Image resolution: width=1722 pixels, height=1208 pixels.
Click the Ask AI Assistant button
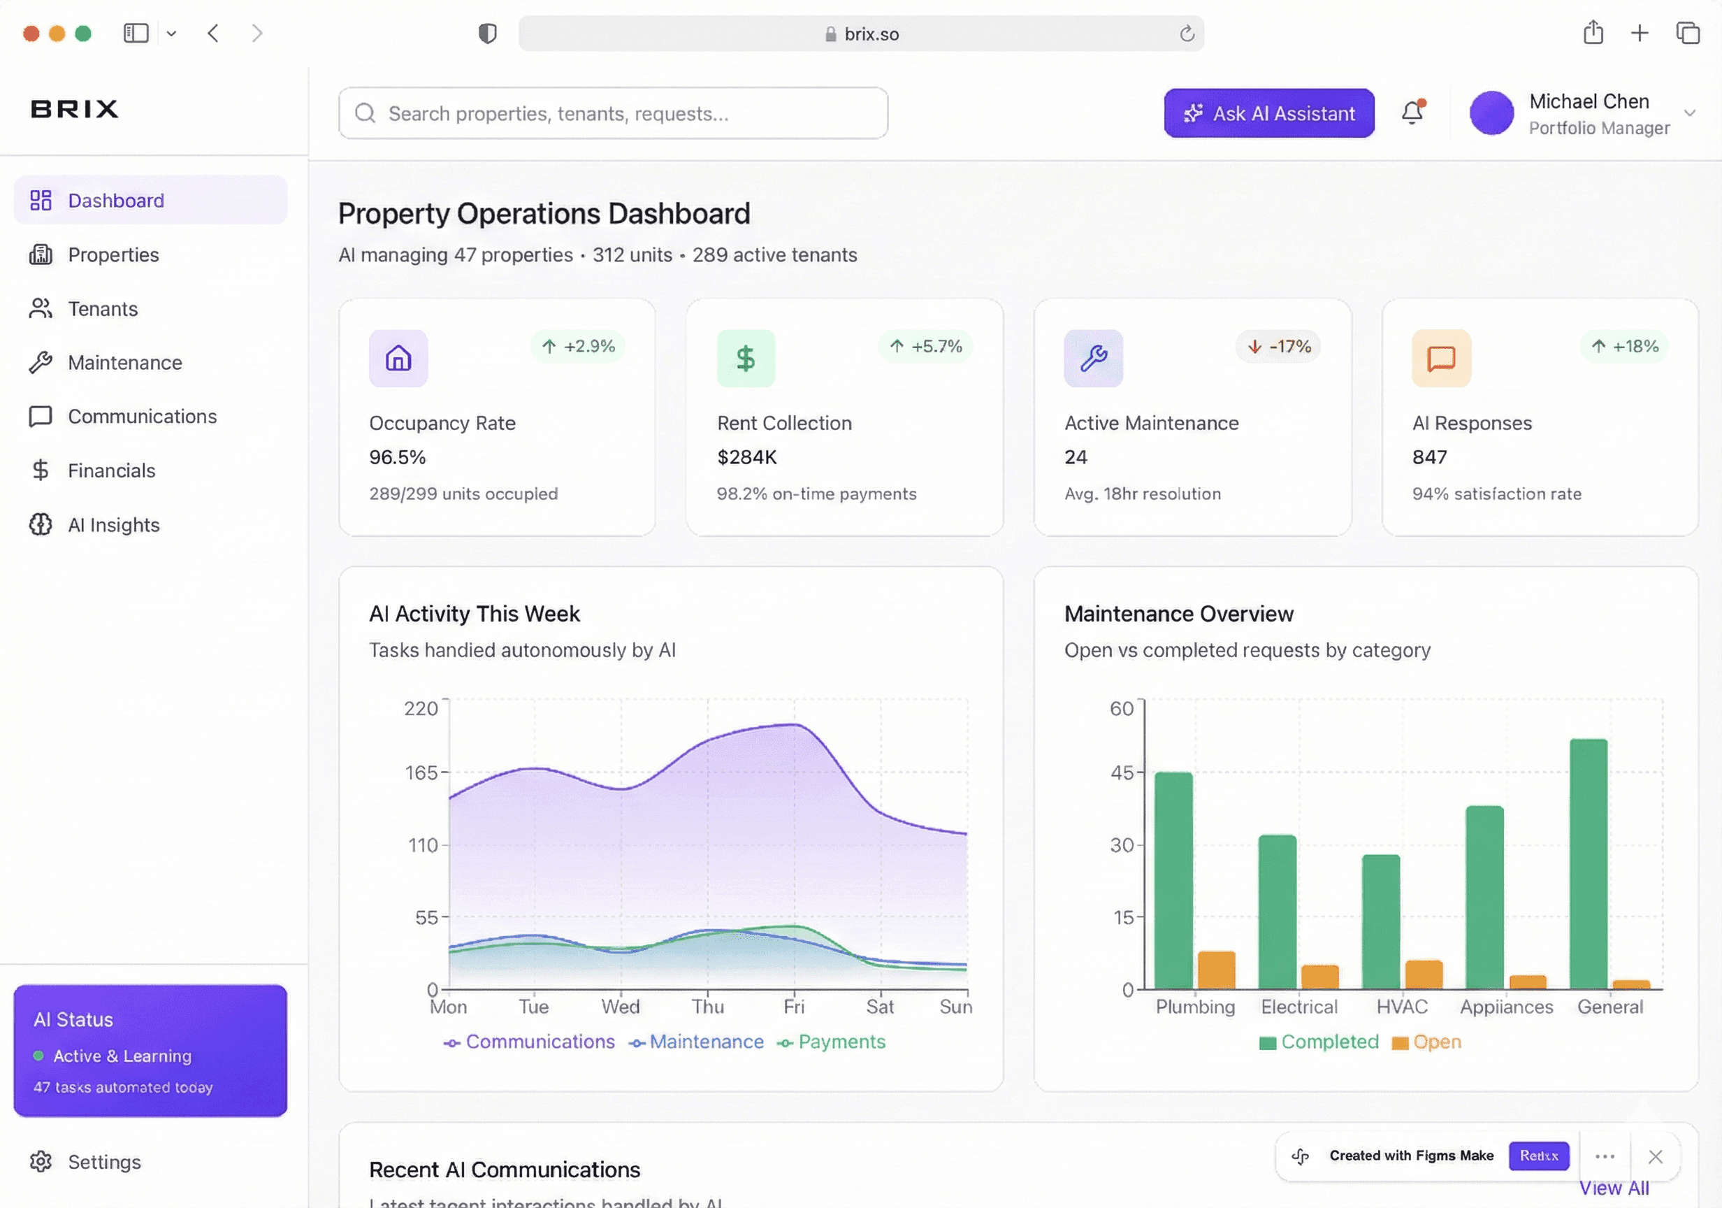[x=1268, y=113]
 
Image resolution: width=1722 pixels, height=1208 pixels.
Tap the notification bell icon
[x=1412, y=113]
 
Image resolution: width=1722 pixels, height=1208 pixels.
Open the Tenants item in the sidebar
[x=103, y=308]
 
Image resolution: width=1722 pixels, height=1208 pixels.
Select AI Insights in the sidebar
[x=113, y=524]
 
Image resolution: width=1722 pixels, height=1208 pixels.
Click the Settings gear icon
[x=41, y=1160]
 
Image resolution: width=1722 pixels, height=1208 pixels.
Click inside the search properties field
[x=614, y=113]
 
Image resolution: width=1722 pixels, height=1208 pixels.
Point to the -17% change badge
[x=1278, y=347]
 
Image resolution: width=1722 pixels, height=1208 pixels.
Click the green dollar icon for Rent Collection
[x=746, y=359]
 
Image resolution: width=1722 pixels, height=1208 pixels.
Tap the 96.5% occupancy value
[x=398, y=457]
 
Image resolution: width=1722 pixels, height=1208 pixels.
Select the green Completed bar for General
[x=1588, y=863]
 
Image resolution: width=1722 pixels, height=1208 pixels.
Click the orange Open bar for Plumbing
[x=1216, y=970]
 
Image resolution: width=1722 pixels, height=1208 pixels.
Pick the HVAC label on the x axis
[x=1402, y=1007]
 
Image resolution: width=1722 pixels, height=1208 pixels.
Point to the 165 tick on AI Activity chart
[x=421, y=772]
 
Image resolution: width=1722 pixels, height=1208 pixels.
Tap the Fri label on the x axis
[x=793, y=1007]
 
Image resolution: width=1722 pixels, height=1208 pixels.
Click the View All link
[x=1613, y=1188]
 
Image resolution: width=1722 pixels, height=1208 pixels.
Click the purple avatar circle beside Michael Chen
[x=1491, y=113]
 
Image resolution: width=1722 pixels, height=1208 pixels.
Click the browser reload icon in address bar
[x=1187, y=34]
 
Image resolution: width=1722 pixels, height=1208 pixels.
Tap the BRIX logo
[x=74, y=109]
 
